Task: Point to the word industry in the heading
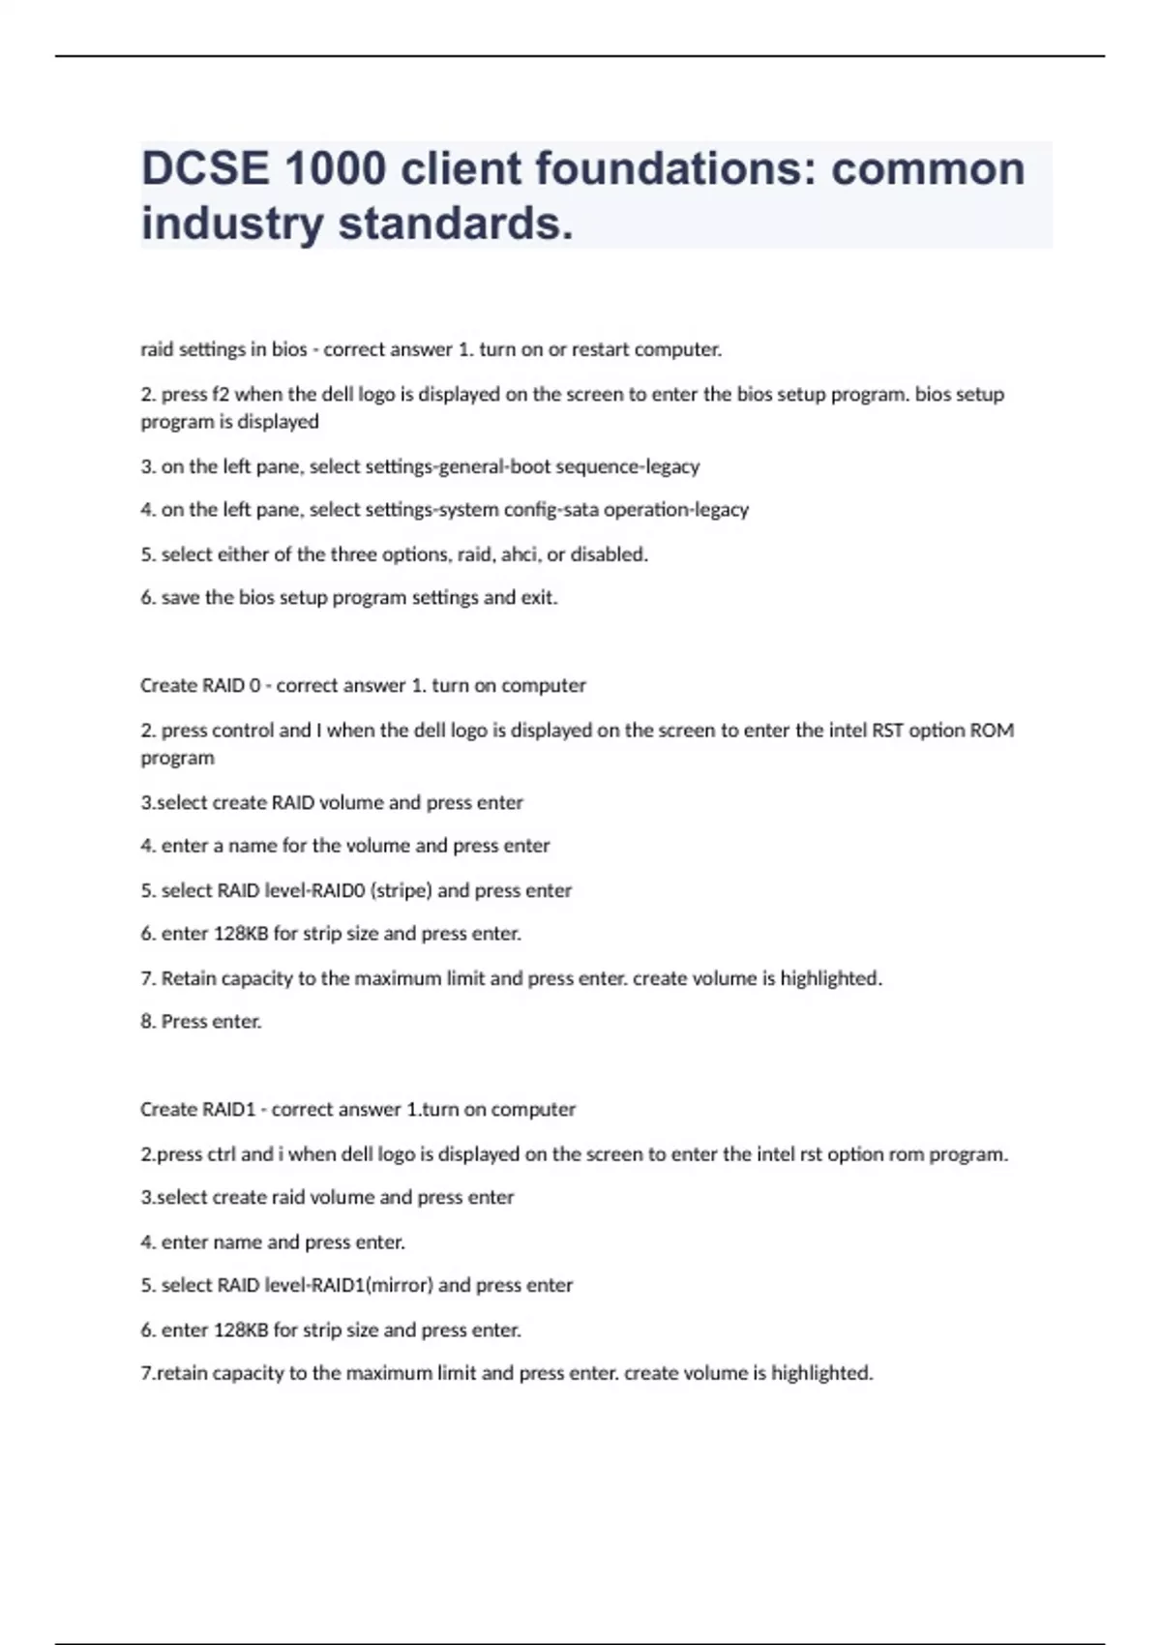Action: [x=232, y=224]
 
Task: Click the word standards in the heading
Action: [x=455, y=224]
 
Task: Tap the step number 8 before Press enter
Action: [x=146, y=1022]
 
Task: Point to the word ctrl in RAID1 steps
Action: [x=218, y=1153]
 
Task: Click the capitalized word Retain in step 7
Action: [x=189, y=978]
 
